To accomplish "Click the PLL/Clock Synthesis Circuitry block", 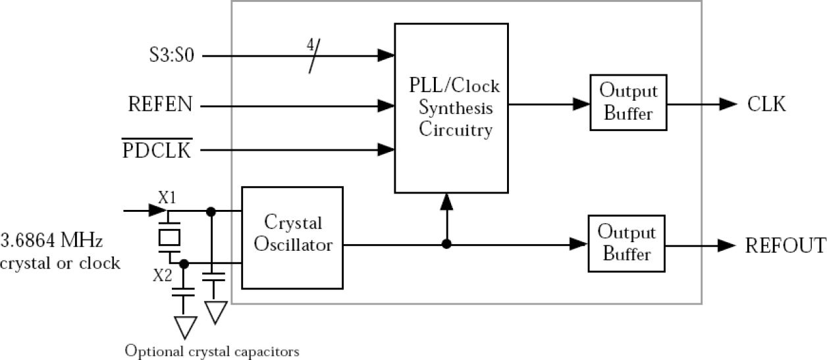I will click(451, 107).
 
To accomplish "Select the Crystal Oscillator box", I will click(292, 237).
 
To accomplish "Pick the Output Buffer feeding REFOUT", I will click(626, 244).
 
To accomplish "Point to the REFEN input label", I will click(161, 104).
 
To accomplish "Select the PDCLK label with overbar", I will click(157, 151).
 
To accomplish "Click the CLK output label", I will click(766, 104).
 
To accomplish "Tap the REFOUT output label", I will click(785, 245).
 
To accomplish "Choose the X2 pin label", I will click(163, 276).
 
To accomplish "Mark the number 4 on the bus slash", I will click(309, 45).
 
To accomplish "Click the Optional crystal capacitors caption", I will click(212, 349).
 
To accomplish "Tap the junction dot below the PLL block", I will click(446, 244).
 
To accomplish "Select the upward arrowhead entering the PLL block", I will click(446, 199).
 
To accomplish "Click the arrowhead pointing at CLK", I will click(728, 103).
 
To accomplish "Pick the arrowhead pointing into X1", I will click(157, 211).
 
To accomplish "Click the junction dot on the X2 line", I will click(184, 264).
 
